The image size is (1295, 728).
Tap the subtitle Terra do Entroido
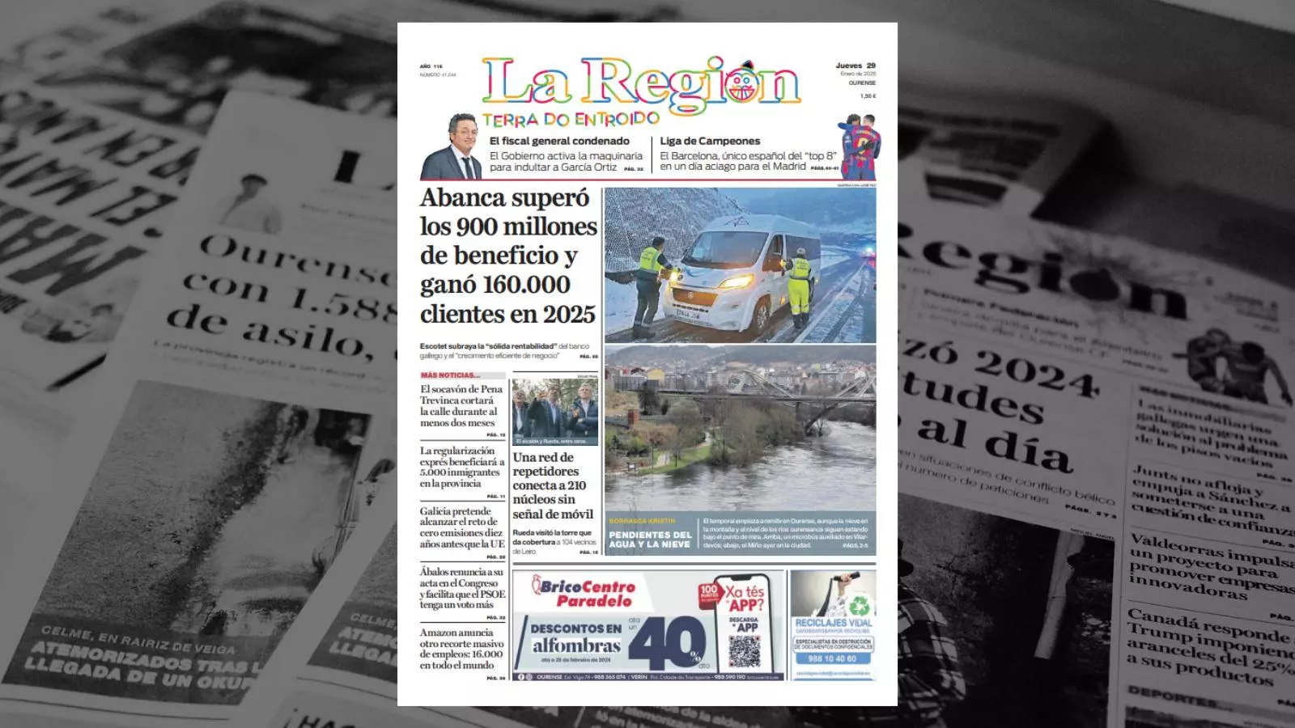click(571, 119)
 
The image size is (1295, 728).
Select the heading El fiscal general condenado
click(559, 141)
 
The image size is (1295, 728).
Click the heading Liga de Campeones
click(710, 141)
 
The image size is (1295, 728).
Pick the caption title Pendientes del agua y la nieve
click(650, 540)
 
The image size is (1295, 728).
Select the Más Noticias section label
click(450, 375)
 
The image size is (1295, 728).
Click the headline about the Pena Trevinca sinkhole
click(461, 405)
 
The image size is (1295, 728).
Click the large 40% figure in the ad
click(668, 645)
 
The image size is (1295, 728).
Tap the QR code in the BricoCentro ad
click(745, 651)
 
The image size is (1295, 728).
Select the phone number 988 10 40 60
click(833, 658)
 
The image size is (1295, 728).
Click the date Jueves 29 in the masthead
click(856, 66)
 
